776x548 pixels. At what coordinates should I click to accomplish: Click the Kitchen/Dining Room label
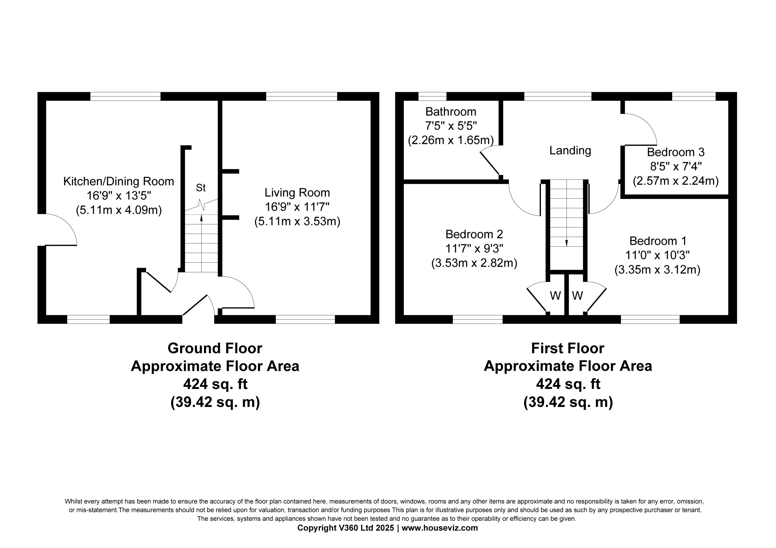click(x=119, y=181)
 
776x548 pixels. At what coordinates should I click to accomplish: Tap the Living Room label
click(x=297, y=193)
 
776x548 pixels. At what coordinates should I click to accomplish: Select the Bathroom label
click(x=450, y=111)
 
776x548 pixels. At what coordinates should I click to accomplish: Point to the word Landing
click(x=570, y=151)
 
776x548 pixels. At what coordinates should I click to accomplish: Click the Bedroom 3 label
click(x=676, y=152)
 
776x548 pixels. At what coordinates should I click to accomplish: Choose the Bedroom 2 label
click(x=474, y=234)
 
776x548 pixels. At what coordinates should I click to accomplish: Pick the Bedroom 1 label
click(x=658, y=241)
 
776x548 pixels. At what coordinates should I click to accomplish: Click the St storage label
click(x=201, y=188)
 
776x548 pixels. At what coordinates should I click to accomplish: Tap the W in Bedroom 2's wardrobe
click(x=555, y=296)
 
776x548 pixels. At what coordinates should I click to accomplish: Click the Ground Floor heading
click(x=215, y=348)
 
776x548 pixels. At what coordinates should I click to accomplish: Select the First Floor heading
click(x=567, y=348)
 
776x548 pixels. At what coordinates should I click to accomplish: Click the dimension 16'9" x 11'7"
click(x=297, y=207)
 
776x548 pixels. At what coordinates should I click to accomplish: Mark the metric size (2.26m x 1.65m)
click(x=450, y=140)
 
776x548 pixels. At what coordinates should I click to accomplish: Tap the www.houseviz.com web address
click(x=440, y=528)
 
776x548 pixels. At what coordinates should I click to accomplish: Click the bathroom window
click(x=432, y=96)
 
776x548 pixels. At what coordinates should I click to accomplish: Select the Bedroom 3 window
click(x=694, y=96)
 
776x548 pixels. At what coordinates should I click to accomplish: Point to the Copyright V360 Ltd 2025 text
click(x=346, y=528)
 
